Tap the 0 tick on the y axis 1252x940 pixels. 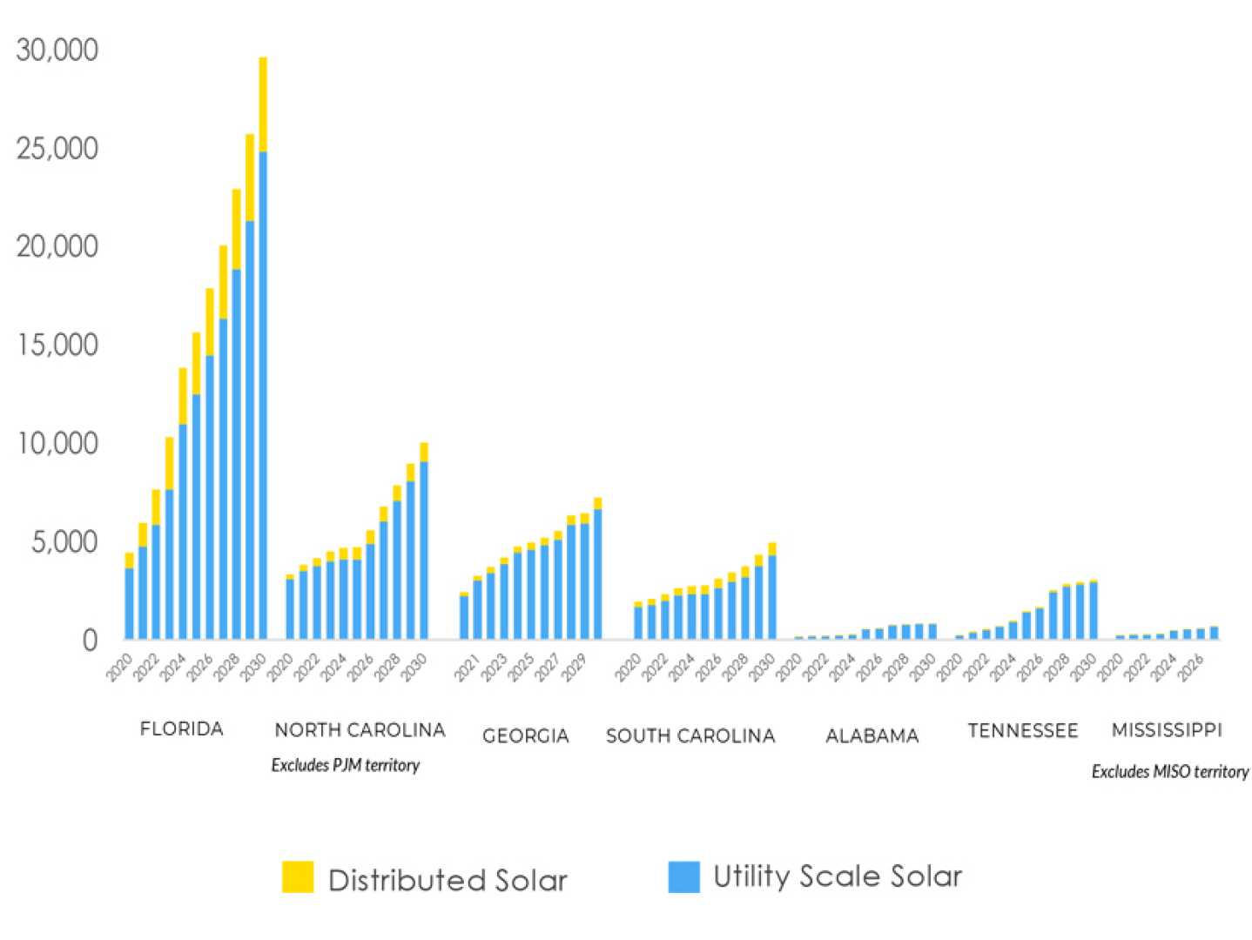point(90,641)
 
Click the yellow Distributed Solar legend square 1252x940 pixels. point(298,876)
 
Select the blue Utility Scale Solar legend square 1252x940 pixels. point(683,876)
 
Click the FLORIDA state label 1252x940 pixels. point(181,729)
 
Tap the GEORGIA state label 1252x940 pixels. point(525,736)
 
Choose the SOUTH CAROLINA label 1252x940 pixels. point(690,736)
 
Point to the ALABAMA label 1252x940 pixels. point(872,736)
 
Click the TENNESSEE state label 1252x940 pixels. point(1022,730)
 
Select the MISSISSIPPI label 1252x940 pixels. point(1166,730)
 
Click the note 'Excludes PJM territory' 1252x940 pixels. point(345,765)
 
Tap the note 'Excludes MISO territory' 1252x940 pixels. point(1169,771)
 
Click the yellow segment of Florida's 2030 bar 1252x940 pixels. point(263,104)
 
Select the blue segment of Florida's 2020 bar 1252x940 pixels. point(129,604)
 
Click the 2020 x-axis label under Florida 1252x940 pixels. point(118,668)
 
